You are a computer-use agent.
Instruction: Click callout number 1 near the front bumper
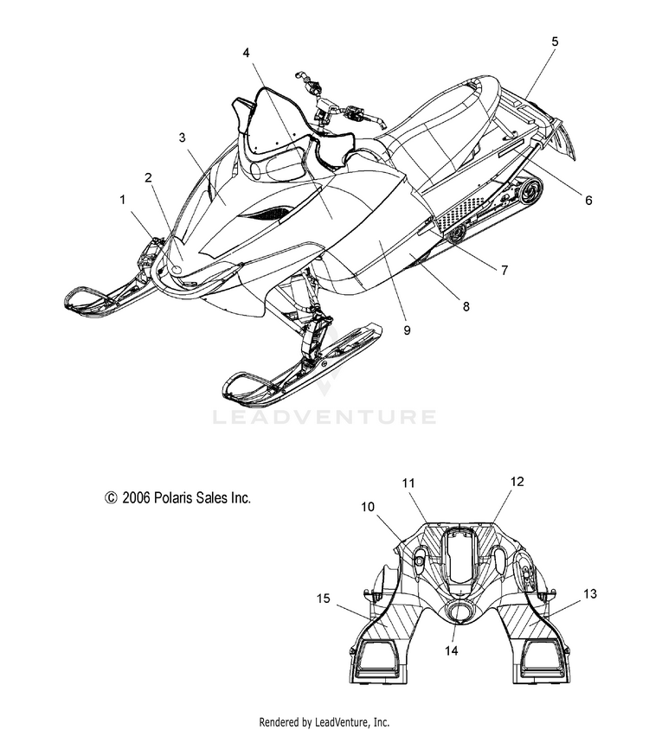pos(123,200)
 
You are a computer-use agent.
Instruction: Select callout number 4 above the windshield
pos(246,53)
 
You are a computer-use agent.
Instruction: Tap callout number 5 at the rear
pos(555,42)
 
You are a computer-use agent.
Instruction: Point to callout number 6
pos(588,200)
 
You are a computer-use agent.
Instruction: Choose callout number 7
pos(504,270)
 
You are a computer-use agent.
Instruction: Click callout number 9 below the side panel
pos(407,330)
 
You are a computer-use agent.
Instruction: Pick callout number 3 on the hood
pos(182,138)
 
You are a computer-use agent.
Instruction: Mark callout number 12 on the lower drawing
pos(517,482)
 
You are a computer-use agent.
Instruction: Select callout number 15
pos(324,599)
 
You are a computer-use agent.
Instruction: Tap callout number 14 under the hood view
pos(452,650)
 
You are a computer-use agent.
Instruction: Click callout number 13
pos(590,594)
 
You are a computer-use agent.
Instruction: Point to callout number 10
pos(368,507)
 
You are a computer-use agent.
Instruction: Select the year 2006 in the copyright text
pos(136,498)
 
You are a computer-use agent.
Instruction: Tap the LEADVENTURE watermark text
pos(324,417)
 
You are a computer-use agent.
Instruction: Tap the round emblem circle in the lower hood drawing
pos(459,612)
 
